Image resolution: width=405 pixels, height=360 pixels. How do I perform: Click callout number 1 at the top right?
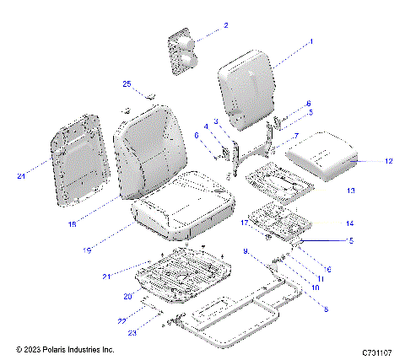[310, 40]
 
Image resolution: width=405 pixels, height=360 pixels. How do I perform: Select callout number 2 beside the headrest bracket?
[225, 26]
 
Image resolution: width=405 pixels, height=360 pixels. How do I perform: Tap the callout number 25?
[127, 84]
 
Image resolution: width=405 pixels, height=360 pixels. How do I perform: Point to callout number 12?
[388, 160]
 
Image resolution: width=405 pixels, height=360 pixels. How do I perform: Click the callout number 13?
[327, 191]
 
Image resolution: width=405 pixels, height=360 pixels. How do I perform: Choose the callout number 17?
[244, 223]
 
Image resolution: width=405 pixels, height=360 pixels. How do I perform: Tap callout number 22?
[121, 321]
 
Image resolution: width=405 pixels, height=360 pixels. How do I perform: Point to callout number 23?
[132, 331]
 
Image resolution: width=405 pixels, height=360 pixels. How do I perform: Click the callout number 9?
[245, 251]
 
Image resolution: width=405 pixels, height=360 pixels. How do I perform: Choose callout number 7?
[295, 135]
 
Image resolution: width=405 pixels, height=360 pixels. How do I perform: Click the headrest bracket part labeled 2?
[183, 52]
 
